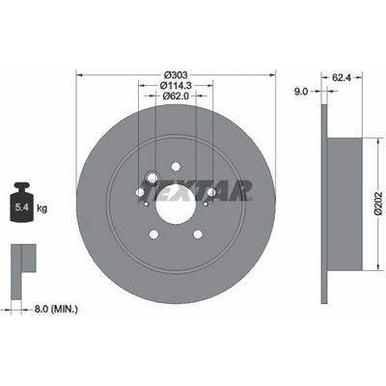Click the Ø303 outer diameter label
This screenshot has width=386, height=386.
point(176,75)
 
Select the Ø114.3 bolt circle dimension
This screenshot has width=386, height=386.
point(176,86)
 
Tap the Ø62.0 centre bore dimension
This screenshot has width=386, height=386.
point(176,96)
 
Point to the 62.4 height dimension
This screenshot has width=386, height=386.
point(342,77)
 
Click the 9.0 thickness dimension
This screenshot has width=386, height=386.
point(301,92)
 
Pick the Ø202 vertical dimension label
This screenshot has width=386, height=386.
point(378,204)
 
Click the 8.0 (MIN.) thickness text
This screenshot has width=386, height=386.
point(56,310)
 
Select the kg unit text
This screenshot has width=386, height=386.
point(41,208)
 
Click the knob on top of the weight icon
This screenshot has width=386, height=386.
point(22,186)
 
